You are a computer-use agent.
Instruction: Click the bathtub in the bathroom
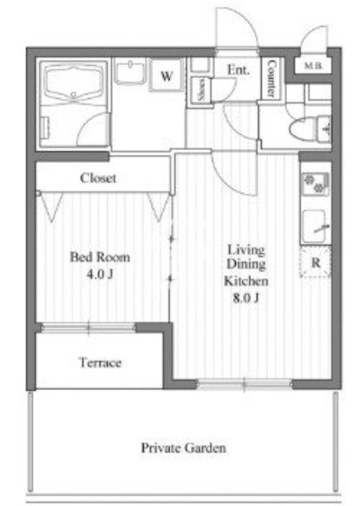coord(74,82)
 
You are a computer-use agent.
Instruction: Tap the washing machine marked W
coord(167,76)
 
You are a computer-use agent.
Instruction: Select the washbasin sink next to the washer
coord(130,71)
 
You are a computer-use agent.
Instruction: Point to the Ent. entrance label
coord(238,70)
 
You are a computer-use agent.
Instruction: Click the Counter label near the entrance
coord(271,78)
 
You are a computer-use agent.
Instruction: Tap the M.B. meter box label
coord(313,66)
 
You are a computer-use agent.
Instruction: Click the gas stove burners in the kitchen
coord(316,183)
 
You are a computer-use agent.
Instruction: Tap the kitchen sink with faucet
coord(316,226)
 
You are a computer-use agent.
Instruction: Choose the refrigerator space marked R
coord(316,262)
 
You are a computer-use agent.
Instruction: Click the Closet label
coord(98,178)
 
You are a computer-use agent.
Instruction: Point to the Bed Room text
coord(100,257)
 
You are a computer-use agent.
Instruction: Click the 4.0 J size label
coord(100,274)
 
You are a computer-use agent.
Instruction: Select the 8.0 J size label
coord(246,298)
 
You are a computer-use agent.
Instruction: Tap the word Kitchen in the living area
coord(246,281)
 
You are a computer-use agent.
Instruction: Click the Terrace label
coord(100,363)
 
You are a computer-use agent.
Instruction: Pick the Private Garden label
coord(183,448)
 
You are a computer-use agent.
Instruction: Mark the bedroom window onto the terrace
coord(88,328)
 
